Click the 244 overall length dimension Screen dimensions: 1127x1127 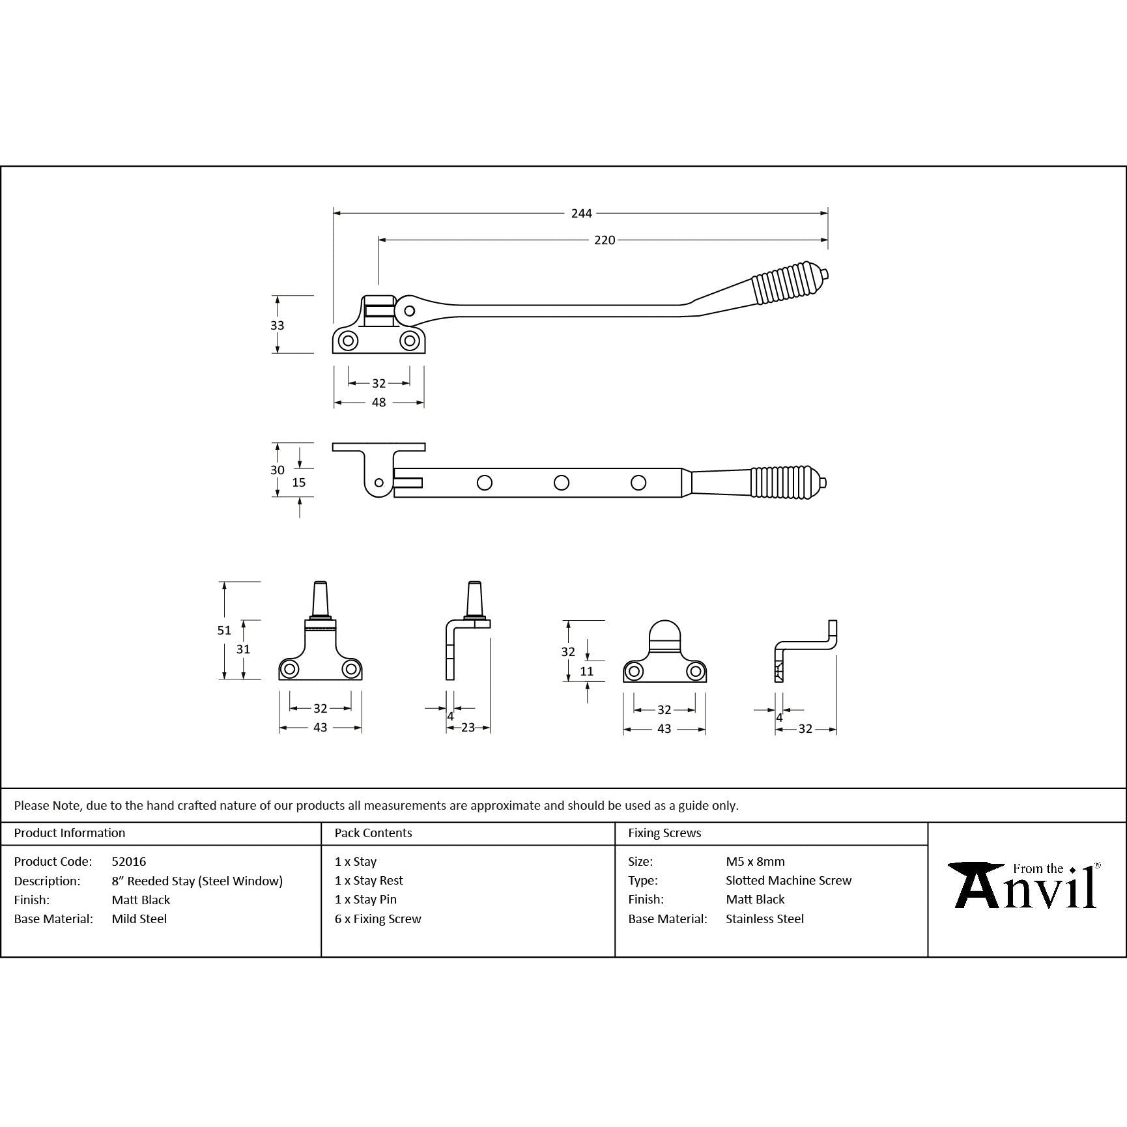coord(581,213)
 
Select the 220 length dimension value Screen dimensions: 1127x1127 coord(604,240)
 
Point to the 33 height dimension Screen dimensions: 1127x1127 coord(278,325)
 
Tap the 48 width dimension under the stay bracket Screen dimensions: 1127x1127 coord(378,403)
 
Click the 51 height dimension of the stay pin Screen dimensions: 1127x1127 coord(224,630)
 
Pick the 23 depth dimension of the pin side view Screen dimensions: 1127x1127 coord(468,728)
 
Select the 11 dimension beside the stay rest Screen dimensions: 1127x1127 coord(586,671)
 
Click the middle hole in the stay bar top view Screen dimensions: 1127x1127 coord(561,483)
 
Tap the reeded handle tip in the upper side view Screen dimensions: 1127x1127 coord(825,274)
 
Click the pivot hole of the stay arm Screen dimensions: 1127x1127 coord(409,311)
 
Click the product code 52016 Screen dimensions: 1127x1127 coord(129,861)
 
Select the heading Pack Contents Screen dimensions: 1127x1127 coord(373,833)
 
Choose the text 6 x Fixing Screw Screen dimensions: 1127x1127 coord(378,919)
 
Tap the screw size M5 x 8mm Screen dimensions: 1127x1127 coord(755,861)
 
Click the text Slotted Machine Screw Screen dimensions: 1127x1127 coord(788,880)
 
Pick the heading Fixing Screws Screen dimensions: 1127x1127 coord(664,833)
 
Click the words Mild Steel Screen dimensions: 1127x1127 coord(139,919)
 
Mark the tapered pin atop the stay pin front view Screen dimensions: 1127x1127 coord(320,597)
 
